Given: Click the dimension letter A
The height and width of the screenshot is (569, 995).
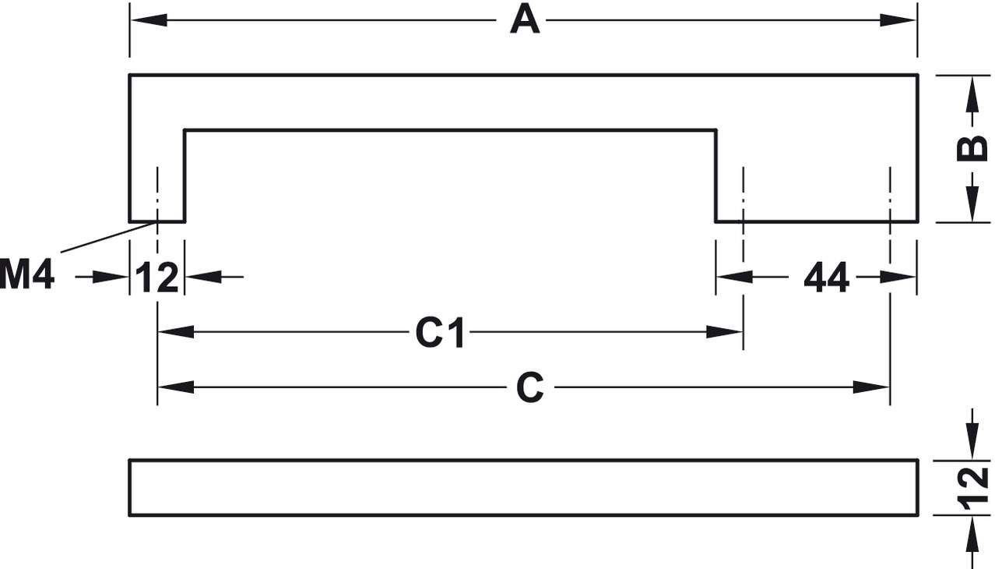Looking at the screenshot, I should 525,19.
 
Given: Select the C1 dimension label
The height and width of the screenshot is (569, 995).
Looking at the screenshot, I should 440,334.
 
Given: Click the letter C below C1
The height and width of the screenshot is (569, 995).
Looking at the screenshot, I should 529,387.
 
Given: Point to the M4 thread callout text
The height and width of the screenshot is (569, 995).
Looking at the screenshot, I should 27,276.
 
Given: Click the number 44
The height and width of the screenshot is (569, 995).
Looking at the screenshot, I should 826,277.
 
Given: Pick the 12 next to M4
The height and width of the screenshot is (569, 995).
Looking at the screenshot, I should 157,277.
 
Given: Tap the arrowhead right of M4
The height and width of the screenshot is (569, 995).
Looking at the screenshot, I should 113,277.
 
